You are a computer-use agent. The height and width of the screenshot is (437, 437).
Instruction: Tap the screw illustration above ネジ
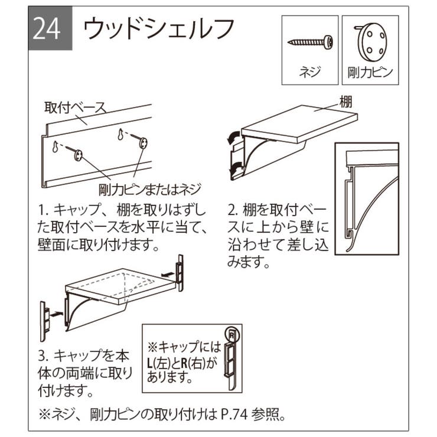tap(310, 42)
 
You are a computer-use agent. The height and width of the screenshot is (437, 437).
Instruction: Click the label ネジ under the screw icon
tap(310, 74)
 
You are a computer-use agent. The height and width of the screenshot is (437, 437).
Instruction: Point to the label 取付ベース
tap(75, 108)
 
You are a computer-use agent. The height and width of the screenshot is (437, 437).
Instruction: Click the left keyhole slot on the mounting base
tap(55, 146)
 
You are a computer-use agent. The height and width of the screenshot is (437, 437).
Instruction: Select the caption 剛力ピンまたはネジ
tap(150, 189)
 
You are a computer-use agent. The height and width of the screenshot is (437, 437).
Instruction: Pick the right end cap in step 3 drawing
tap(181, 273)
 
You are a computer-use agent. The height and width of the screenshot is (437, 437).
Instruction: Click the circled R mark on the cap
tap(231, 334)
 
